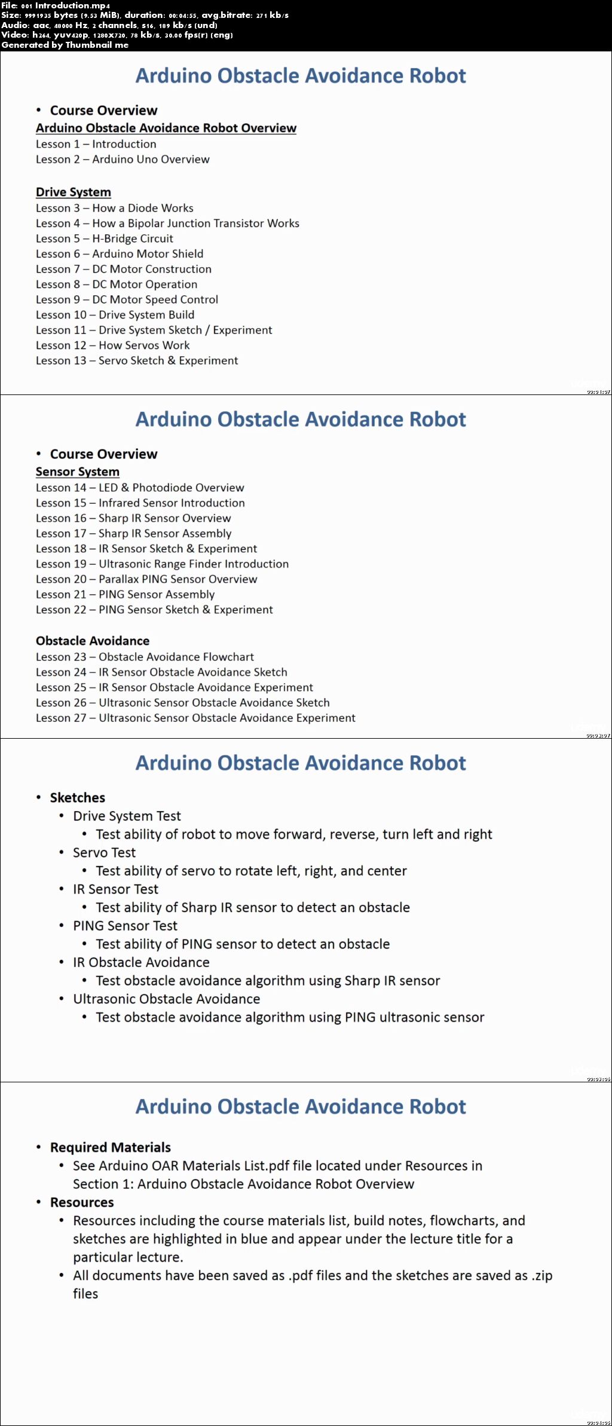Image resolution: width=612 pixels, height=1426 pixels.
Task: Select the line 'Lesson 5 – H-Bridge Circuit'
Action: point(105,238)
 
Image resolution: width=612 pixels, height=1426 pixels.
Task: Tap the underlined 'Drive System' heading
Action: point(74,192)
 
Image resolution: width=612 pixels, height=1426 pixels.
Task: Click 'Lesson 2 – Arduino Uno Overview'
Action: point(123,160)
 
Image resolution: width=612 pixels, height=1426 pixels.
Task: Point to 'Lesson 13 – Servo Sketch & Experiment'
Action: point(137,360)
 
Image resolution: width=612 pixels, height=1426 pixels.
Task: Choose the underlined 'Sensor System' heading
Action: point(78,472)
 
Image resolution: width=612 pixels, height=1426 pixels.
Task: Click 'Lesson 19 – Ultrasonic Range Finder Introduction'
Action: point(162,564)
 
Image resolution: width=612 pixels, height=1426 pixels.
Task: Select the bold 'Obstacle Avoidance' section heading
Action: point(93,641)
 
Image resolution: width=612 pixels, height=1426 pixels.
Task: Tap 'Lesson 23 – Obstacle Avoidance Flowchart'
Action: point(145,657)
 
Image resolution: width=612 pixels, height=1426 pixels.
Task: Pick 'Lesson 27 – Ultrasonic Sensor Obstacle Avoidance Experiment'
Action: point(195,718)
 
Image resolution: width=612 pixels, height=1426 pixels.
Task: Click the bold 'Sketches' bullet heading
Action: point(78,798)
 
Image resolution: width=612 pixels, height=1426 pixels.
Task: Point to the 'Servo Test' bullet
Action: point(105,852)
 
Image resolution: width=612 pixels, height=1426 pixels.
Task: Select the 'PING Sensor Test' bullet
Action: point(125,926)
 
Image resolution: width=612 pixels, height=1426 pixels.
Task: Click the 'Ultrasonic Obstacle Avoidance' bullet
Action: point(166,999)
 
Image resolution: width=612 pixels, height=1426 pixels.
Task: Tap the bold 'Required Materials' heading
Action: point(111,1147)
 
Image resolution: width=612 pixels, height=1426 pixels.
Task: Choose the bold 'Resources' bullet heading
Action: point(82,1202)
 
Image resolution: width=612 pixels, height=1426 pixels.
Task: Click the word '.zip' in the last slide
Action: point(541,1275)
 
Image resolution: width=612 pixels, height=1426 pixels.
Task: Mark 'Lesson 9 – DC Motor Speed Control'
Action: point(127,299)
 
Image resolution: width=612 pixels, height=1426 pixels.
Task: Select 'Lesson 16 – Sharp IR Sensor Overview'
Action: point(133,518)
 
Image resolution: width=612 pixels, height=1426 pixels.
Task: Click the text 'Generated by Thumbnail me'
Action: point(65,45)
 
